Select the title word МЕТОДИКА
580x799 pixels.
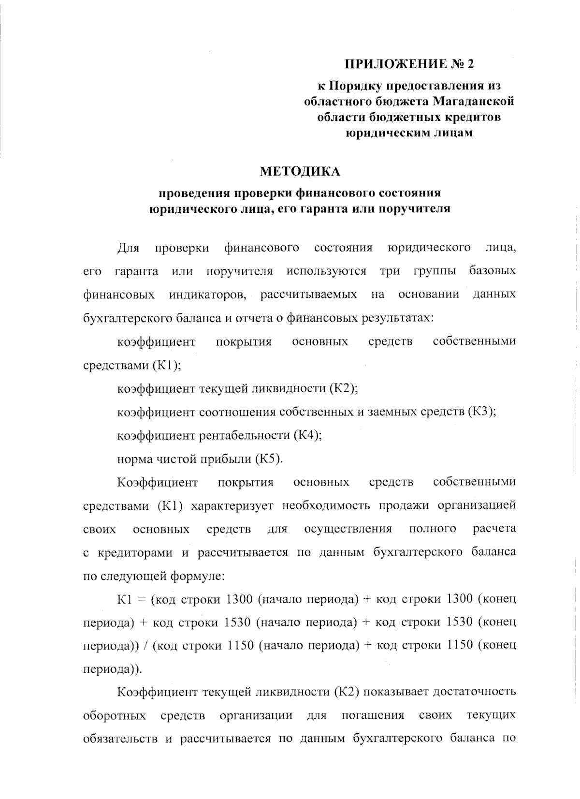pyautogui.click(x=300, y=171)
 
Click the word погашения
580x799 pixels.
pyautogui.click(x=372, y=715)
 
